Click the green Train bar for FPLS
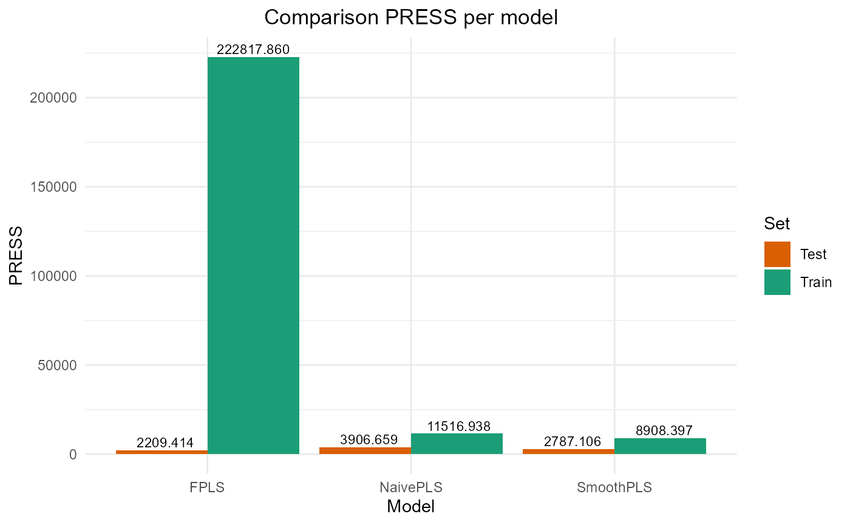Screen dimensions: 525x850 [253, 255]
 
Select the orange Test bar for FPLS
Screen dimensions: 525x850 [161, 452]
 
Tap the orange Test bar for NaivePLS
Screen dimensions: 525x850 [365, 450]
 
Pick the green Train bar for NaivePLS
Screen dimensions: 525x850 [457, 444]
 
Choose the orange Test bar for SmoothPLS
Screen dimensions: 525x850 [568, 452]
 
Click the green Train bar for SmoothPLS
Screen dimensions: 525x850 [660, 446]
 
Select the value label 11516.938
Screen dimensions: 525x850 [457, 426]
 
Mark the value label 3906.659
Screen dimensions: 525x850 [365, 440]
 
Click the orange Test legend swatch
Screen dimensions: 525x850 [777, 254]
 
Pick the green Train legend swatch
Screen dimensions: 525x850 [777, 282]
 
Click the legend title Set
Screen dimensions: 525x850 [777, 224]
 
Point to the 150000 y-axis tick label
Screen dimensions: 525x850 [53, 187]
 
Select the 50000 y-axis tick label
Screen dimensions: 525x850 [58, 365]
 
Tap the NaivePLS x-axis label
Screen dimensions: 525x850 [411, 487]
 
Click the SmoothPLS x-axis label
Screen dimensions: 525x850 [614, 487]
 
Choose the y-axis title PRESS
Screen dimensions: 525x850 [16, 255]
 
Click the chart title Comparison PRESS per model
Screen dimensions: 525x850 [411, 18]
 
